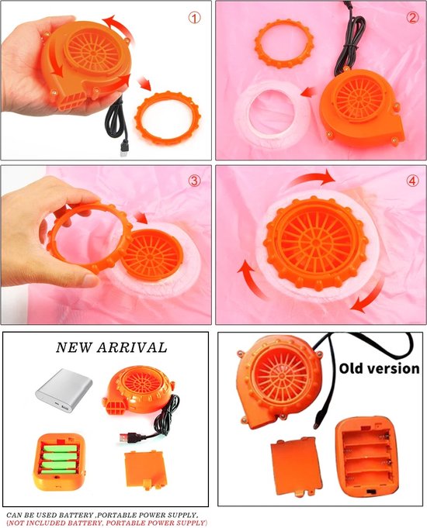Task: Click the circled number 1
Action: click(194, 18)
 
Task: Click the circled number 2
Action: click(412, 17)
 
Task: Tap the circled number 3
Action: click(194, 181)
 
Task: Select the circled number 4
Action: click(412, 181)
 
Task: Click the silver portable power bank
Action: click(64, 391)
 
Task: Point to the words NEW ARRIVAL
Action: click(111, 347)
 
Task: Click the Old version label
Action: click(379, 368)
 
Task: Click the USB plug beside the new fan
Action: click(126, 438)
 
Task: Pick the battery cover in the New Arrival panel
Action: click(146, 470)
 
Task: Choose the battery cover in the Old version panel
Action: click(296, 467)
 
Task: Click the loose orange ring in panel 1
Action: click(166, 118)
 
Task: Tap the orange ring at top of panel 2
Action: click(283, 43)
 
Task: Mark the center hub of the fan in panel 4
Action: click(316, 242)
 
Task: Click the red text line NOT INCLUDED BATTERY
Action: click(106, 523)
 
